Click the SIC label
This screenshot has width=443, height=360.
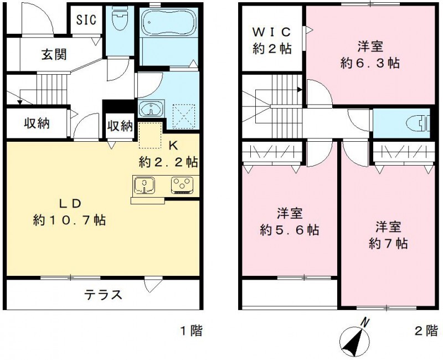[x=86, y=20]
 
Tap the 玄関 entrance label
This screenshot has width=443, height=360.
[x=54, y=54]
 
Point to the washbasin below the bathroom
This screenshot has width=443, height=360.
[x=150, y=109]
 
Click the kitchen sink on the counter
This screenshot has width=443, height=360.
[x=145, y=185]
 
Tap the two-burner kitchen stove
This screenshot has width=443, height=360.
[x=182, y=184]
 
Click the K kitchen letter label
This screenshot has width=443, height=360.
[x=173, y=146]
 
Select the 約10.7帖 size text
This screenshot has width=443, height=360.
[x=70, y=220]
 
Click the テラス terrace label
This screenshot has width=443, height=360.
[x=103, y=294]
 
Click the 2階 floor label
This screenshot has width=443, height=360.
[x=426, y=331]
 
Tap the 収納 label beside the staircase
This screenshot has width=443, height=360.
[x=37, y=122]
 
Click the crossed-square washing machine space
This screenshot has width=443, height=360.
[x=184, y=116]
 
